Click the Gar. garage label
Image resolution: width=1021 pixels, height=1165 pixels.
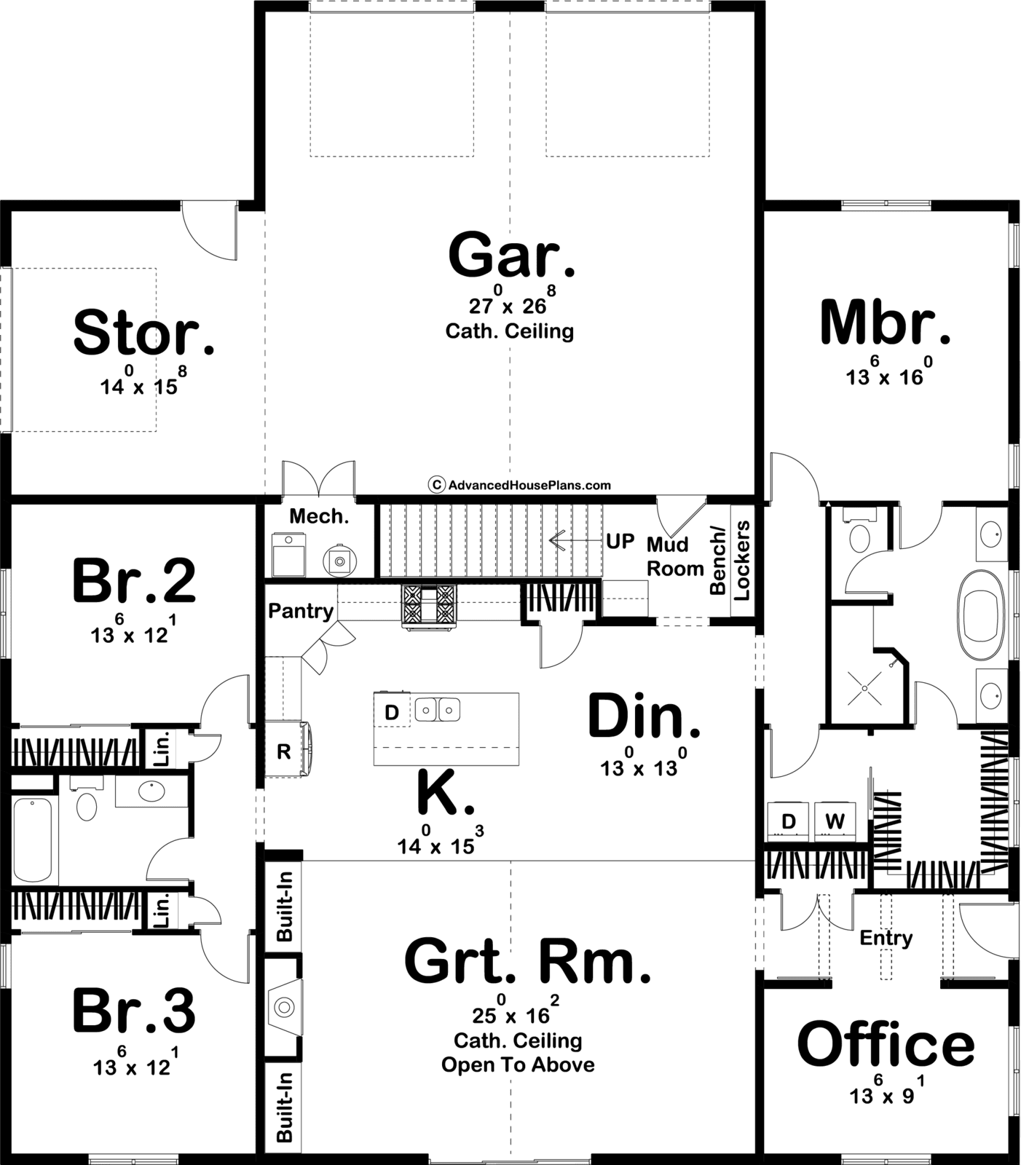coord(512,255)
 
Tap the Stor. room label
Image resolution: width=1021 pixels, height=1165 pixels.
coord(144,332)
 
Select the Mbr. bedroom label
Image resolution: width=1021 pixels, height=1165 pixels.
coord(886,322)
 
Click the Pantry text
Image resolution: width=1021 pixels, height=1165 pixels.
coord(301,611)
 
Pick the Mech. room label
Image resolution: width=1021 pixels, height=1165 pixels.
coord(319,516)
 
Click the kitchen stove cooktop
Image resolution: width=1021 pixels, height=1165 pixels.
coord(429,604)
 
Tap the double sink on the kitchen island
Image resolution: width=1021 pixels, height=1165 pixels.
coord(437,708)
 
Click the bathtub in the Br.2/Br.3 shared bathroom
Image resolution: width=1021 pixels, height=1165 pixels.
coord(33,840)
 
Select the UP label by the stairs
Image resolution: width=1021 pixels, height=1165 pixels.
coord(620,542)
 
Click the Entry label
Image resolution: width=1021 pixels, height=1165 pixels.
coord(886,938)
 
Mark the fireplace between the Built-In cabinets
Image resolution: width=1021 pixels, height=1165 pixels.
coord(283,1007)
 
